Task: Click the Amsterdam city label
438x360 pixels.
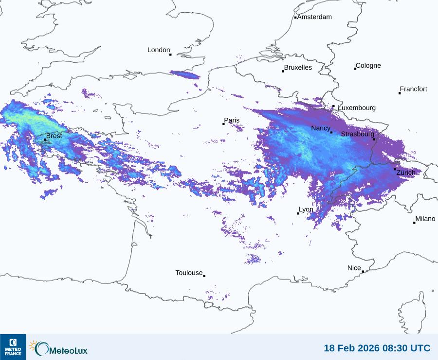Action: click(314, 17)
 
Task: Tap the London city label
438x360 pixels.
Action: click(159, 50)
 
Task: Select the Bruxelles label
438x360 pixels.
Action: click(298, 68)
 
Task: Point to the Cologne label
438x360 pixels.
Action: click(368, 66)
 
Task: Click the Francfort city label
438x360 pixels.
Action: click(413, 89)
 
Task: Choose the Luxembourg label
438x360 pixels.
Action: click(357, 108)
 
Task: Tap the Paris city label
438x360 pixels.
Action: click(232, 120)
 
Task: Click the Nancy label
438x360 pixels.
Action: click(321, 128)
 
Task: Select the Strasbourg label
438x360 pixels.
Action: click(358, 134)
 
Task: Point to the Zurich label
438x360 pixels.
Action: click(406, 172)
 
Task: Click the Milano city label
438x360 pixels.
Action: click(425, 219)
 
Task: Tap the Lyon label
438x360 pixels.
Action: click(306, 209)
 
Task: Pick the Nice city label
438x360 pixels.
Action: click(354, 268)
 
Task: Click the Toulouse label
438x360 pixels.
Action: click(189, 273)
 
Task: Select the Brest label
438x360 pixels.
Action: click(54, 136)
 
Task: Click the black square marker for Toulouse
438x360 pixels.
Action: click(204, 276)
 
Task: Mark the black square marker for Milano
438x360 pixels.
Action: click(414, 223)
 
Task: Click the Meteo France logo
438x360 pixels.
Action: click(13, 347)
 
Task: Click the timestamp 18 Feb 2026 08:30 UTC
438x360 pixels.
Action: click(377, 348)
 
